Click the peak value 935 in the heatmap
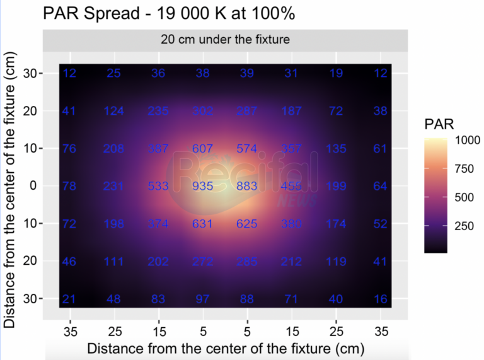pos(202,186)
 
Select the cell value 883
pos(246,186)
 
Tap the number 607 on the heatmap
pos(202,149)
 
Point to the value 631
pos(202,224)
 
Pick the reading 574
pos(246,149)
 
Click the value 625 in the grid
pos(246,224)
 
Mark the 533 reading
pos(158,186)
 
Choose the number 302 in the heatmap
pos(202,112)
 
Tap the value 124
pos(114,112)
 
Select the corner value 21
pos(70,298)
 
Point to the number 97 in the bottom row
pos(202,298)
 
